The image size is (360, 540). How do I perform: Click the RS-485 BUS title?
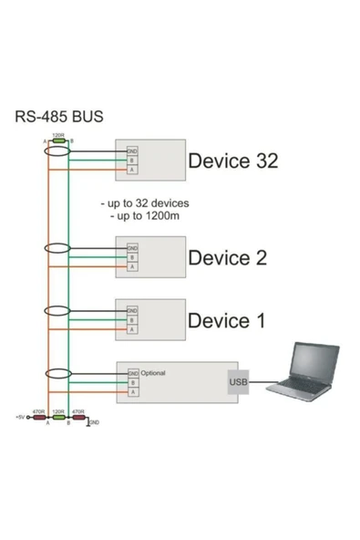point(59,117)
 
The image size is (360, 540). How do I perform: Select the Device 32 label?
point(232,161)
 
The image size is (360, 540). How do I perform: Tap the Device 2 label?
point(227,257)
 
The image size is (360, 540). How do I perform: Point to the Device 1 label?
point(227,320)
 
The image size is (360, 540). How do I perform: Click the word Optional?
point(153,373)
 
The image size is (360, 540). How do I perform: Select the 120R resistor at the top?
point(57,140)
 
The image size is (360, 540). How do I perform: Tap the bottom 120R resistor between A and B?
point(57,419)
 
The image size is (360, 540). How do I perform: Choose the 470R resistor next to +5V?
point(39,419)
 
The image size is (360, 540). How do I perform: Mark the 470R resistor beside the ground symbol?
point(77,419)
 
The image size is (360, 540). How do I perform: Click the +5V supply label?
point(20,419)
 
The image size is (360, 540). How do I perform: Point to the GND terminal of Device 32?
point(132,151)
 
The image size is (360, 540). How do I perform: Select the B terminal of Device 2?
point(132,257)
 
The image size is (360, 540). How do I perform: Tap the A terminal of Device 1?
point(132,330)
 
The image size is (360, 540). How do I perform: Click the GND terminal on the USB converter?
point(132,374)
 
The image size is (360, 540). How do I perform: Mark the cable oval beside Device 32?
point(57,159)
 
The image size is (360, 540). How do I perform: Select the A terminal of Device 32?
point(132,171)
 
